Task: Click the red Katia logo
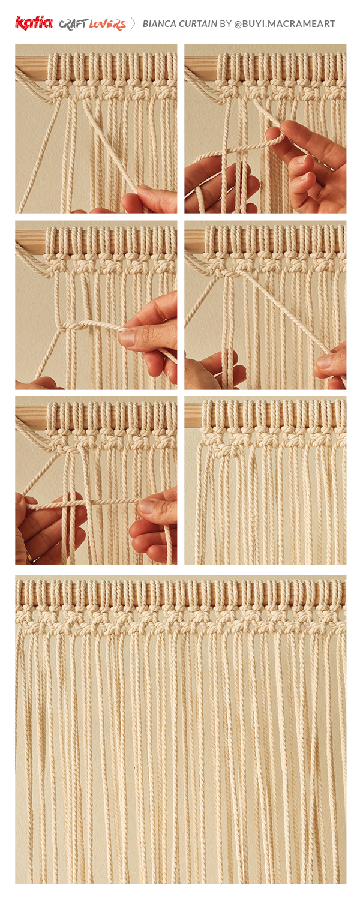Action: tap(34, 23)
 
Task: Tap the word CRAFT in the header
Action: tap(73, 24)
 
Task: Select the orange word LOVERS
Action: tap(107, 24)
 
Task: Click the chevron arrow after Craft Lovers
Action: tap(133, 23)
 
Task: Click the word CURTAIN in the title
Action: tap(197, 24)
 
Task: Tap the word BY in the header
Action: tap(226, 24)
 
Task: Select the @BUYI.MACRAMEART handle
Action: tap(284, 24)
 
